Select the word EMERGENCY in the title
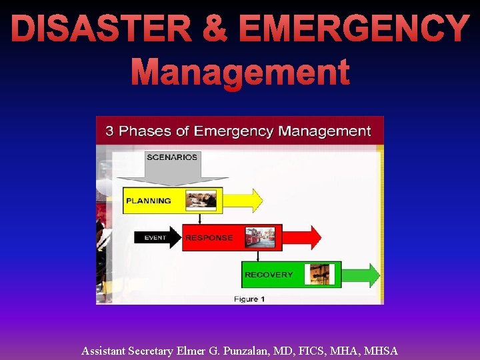353,30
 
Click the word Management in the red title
240,72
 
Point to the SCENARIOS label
172,157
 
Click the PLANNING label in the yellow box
149,201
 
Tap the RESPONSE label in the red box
209,237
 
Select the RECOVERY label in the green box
269,275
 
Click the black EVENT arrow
157,237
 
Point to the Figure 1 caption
249,299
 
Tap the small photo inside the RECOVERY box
319,274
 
